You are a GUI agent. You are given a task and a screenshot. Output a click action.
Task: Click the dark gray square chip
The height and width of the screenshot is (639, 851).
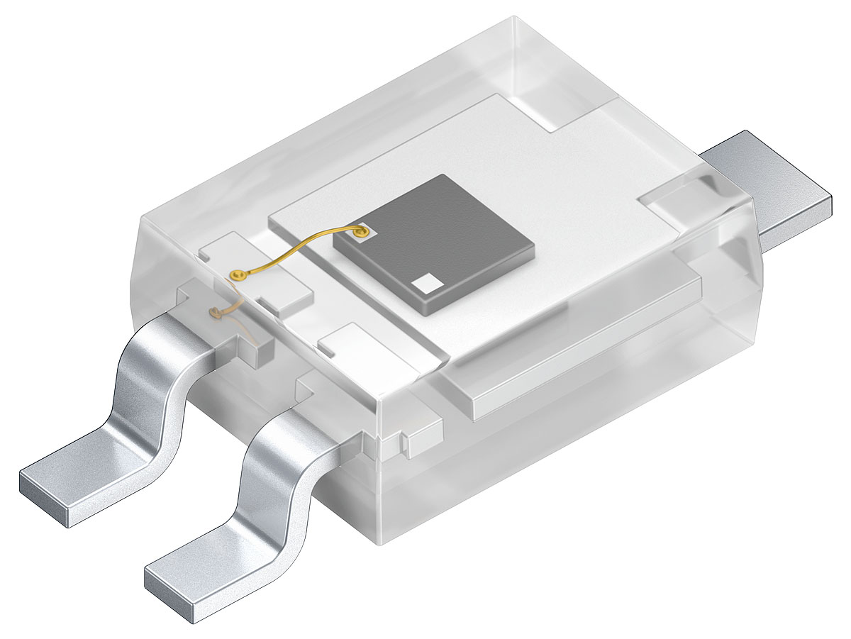(434, 241)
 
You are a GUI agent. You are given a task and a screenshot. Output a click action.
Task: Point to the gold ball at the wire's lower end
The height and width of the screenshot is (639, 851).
(235, 274)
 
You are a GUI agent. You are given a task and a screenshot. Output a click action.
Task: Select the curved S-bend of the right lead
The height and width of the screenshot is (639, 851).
(273, 461)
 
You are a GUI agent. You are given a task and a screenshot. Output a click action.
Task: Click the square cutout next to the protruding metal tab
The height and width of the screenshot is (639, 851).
(674, 202)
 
